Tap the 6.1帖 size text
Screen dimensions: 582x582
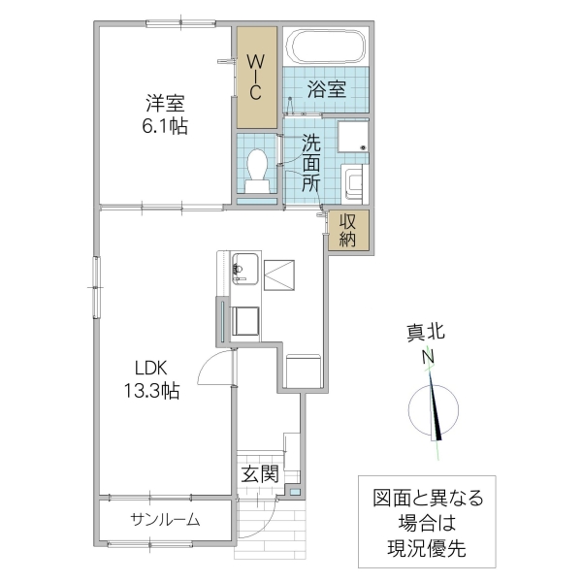coord(166,126)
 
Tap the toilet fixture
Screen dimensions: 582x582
coord(258,170)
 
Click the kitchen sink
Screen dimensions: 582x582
coord(246,267)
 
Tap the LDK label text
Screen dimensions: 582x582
coord(151,368)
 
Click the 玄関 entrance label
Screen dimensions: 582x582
coord(260,474)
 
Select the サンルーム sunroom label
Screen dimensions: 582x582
coord(165,520)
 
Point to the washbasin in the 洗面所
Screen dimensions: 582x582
coord(352,181)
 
